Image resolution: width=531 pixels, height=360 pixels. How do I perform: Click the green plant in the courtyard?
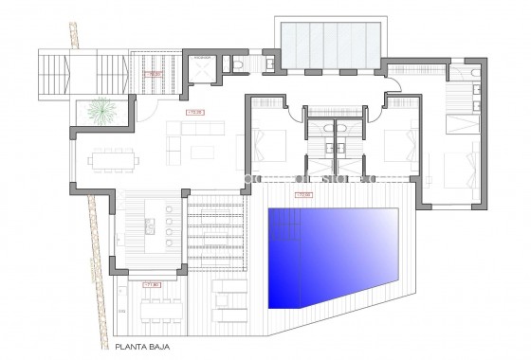click(99, 113)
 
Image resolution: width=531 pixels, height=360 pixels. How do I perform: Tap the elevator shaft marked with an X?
click(201, 67)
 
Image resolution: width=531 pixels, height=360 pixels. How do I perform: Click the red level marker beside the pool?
click(302, 196)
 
